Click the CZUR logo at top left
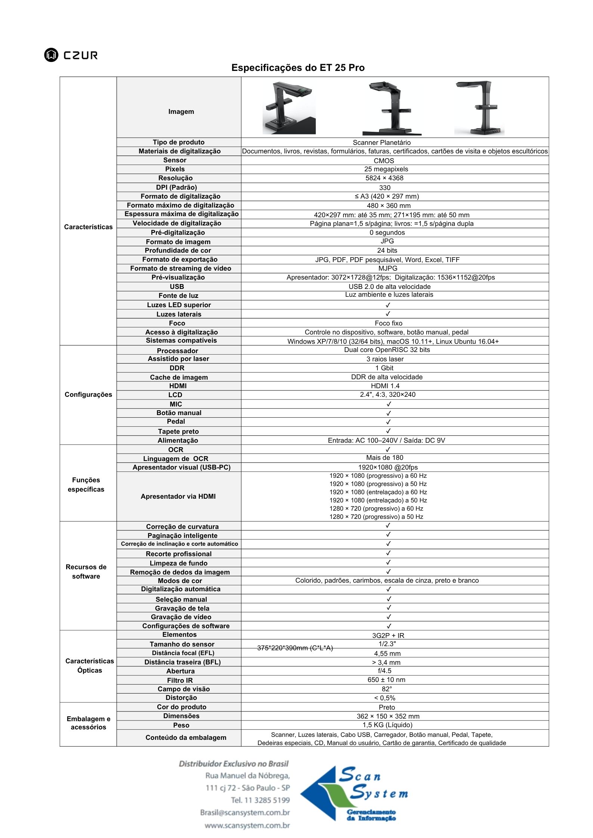pos(71,55)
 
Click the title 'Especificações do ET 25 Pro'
pos(298,68)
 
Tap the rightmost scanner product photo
pos(479,108)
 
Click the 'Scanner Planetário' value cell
pos(382,143)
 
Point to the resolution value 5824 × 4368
pos(384,178)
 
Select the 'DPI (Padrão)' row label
pos(176,187)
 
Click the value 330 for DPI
pos(384,188)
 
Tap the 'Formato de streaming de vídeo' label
pos(180,268)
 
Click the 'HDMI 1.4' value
pos(385,386)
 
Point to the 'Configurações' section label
pos(88,395)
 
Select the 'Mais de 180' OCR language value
pos(384,458)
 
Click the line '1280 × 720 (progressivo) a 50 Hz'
pos(376,517)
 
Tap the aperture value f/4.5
pos(384,670)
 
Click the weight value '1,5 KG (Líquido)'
pos(387,725)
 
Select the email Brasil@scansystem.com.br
pos(245,813)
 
